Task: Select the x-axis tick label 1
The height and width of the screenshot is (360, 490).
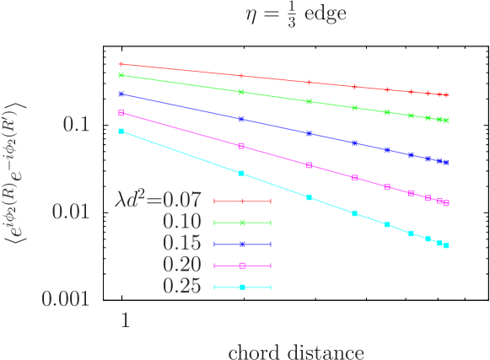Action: tap(124, 321)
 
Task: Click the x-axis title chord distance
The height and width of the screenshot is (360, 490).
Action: tap(296, 351)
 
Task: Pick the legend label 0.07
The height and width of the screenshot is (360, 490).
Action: tap(181, 201)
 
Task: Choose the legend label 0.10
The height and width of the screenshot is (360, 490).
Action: tap(181, 222)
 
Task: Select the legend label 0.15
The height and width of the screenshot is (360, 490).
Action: tap(181, 244)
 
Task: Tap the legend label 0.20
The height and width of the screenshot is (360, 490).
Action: tap(181, 265)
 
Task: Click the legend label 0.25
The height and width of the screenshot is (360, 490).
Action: tap(181, 287)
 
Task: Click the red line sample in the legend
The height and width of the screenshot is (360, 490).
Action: tap(242, 201)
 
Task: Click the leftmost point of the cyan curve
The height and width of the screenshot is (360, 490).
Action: tap(121, 131)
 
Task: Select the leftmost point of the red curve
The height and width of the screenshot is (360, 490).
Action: tap(121, 64)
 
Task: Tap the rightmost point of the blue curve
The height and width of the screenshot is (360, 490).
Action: tap(445, 162)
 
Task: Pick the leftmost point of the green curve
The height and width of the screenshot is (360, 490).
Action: tap(121, 75)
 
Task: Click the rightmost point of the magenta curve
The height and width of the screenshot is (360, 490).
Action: tap(446, 202)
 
